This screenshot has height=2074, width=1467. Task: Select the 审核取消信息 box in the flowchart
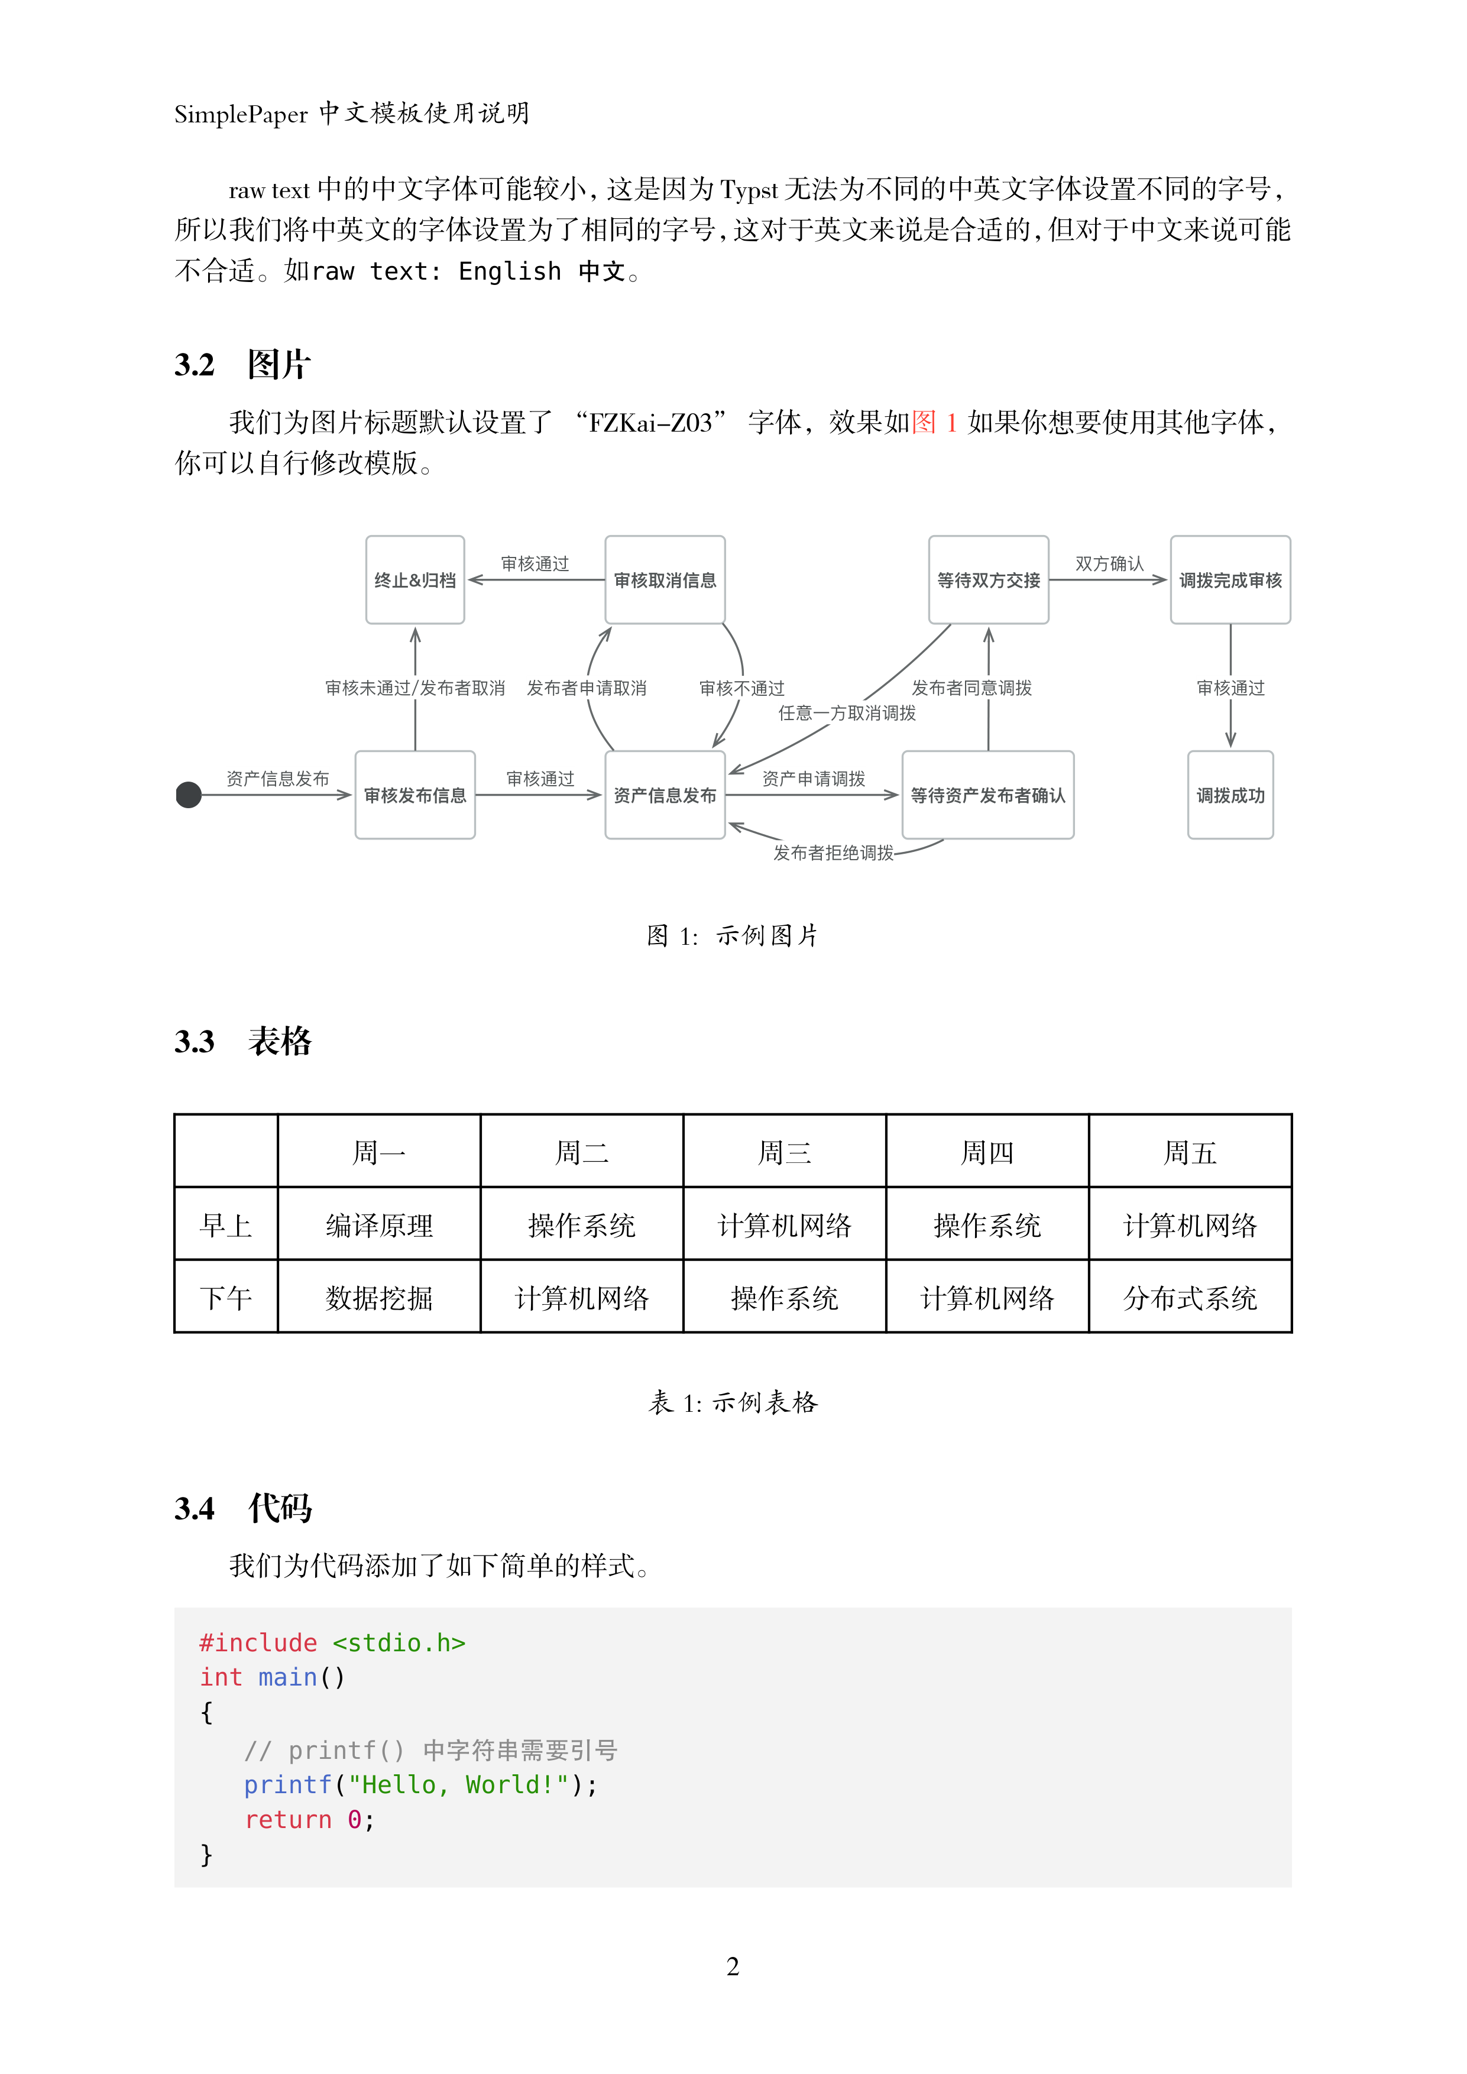(x=665, y=580)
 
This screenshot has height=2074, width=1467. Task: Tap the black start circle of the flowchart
(x=189, y=795)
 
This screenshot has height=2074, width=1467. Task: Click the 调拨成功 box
(x=1230, y=795)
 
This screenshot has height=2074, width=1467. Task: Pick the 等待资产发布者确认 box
(x=987, y=795)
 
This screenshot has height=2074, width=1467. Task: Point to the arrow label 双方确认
(x=1109, y=563)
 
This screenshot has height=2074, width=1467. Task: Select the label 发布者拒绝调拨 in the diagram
(x=833, y=853)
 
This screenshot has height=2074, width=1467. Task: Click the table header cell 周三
(x=784, y=1153)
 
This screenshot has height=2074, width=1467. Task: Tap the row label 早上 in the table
(x=226, y=1226)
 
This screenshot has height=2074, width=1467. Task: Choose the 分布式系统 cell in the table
(x=1190, y=1299)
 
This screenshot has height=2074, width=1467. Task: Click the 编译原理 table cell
(x=380, y=1226)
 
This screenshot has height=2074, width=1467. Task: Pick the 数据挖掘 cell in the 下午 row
(x=380, y=1299)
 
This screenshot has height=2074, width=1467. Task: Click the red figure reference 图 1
(x=934, y=422)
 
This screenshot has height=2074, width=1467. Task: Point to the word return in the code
(x=288, y=1819)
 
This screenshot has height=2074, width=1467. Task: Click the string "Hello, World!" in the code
(x=459, y=1785)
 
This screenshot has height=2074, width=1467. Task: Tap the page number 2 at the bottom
(x=733, y=1966)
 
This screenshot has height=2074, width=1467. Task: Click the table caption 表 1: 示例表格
(x=733, y=1402)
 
